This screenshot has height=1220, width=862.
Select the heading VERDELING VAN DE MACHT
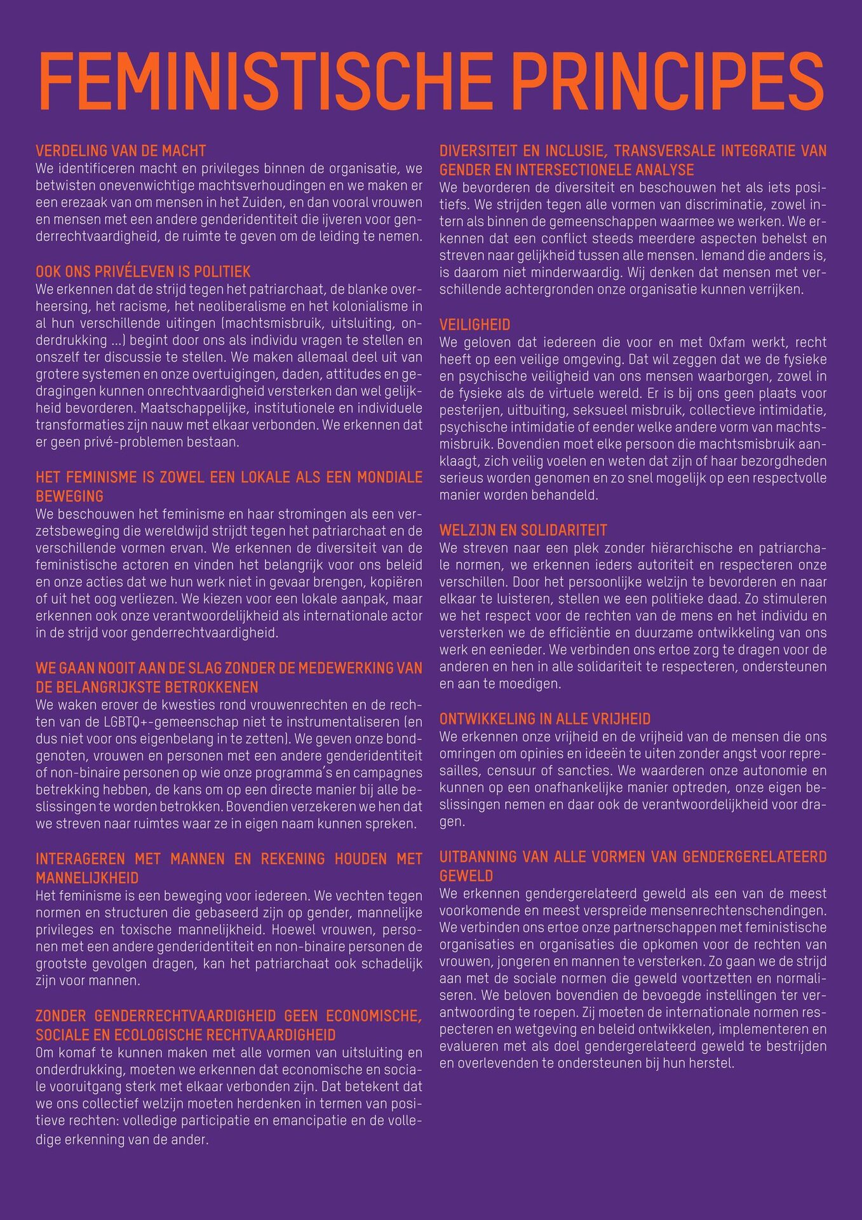[x=121, y=151]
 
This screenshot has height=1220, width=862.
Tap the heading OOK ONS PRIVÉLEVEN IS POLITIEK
[x=143, y=271]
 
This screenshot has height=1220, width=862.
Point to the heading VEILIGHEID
[x=475, y=325]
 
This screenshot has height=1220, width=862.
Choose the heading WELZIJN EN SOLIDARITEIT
[x=523, y=530]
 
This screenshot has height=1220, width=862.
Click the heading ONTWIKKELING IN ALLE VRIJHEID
[x=544, y=719]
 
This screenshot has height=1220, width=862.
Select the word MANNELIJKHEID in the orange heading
[x=87, y=878]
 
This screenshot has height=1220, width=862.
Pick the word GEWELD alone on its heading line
[x=466, y=876]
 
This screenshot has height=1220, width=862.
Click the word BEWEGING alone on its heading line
[x=69, y=496]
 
